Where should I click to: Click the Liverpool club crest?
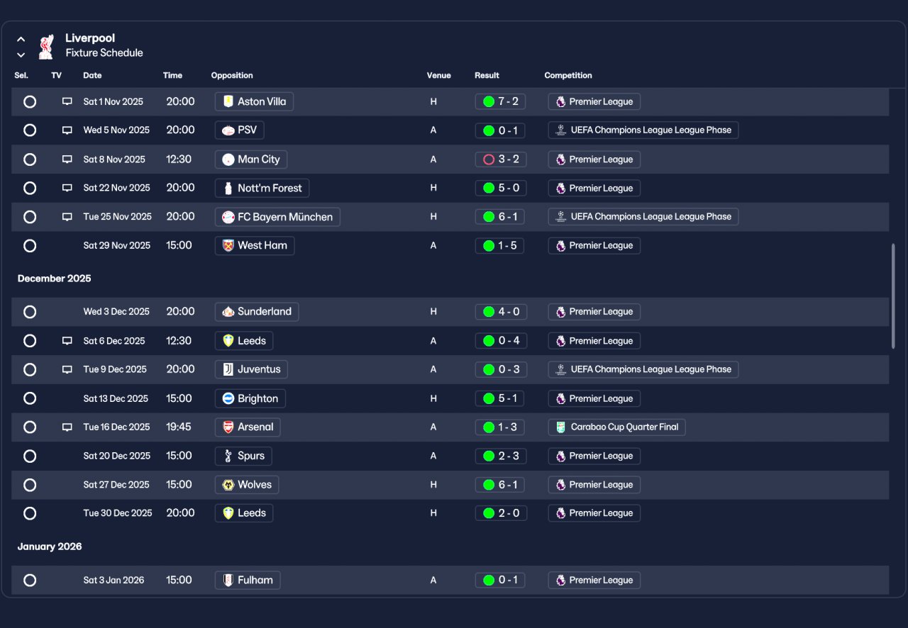click(46, 47)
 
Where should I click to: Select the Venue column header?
click(438, 75)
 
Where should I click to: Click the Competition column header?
click(568, 75)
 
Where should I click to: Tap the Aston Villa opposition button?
click(254, 101)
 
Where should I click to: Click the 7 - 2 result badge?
click(500, 101)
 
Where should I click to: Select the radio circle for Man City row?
click(30, 159)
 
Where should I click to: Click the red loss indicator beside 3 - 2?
click(489, 159)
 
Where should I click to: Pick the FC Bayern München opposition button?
click(277, 217)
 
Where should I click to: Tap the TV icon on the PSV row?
click(67, 130)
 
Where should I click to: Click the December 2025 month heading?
click(55, 279)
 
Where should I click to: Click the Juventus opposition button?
click(251, 369)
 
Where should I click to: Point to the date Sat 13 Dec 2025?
click(116, 398)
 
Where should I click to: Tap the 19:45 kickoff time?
click(178, 427)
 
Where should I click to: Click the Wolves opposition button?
click(247, 485)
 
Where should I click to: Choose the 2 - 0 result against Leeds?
click(501, 513)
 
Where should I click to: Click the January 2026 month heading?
click(50, 546)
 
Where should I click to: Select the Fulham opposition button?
click(248, 581)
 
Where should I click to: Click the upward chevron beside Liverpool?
click(21, 39)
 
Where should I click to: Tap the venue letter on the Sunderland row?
click(433, 312)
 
